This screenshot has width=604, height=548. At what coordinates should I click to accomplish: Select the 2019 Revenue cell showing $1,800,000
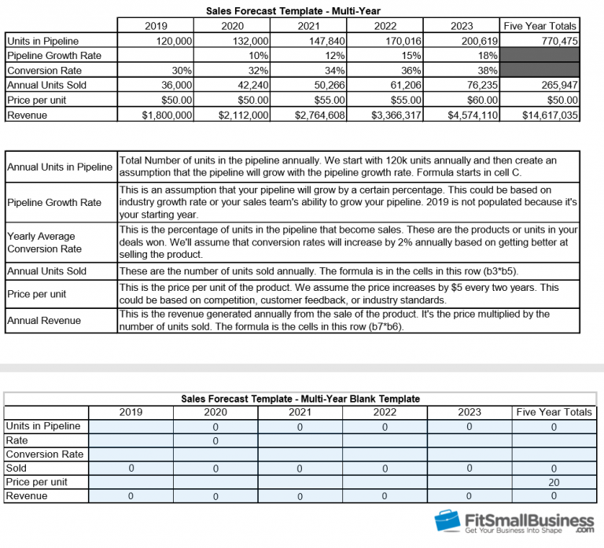coord(166,115)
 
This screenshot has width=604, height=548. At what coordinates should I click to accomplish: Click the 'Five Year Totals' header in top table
coord(540,26)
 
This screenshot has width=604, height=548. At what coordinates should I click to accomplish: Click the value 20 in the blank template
coord(553,482)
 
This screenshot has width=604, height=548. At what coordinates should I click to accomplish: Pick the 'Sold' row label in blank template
coord(17,468)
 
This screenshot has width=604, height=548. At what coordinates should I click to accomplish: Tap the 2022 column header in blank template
coord(385,412)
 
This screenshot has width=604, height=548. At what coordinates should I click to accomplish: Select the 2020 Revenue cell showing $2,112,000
coord(244,115)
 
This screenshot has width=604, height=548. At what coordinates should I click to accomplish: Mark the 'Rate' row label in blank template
coord(17,440)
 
